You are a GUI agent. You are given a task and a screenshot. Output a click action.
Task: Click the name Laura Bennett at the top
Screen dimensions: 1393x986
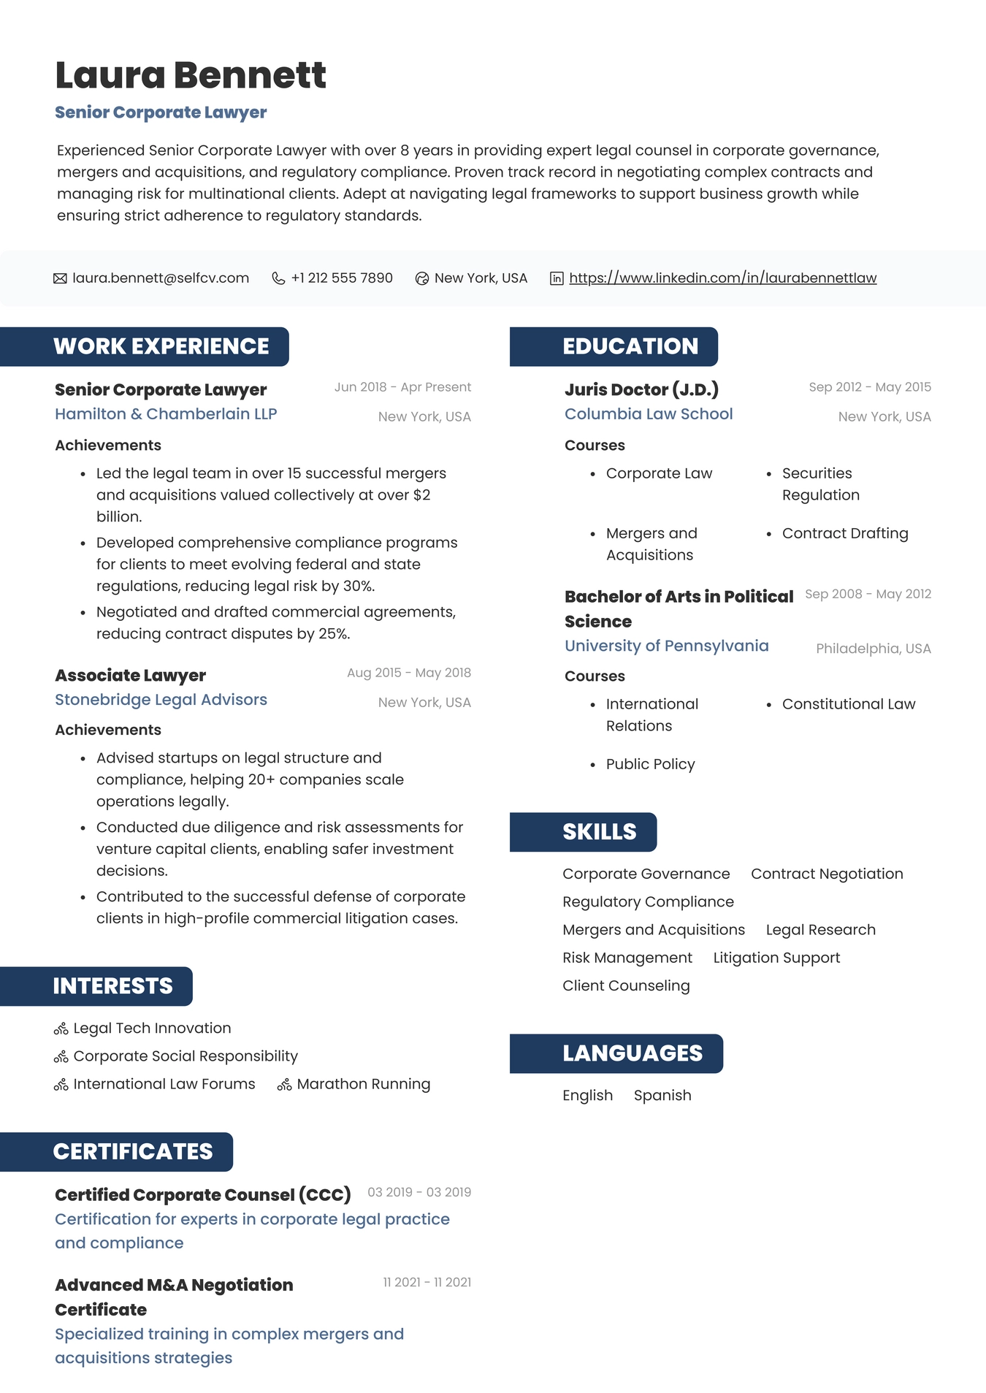click(190, 75)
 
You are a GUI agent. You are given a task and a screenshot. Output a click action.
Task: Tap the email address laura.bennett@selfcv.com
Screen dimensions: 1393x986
click(161, 278)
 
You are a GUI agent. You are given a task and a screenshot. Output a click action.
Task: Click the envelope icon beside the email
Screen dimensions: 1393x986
click(60, 278)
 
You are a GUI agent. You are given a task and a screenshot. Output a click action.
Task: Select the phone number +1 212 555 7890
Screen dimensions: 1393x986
click(342, 278)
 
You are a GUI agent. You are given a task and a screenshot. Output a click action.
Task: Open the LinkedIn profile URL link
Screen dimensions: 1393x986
click(722, 278)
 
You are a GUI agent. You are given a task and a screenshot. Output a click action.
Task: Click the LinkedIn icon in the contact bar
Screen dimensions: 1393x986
click(557, 278)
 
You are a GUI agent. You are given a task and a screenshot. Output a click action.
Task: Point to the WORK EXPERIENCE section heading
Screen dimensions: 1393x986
click(161, 346)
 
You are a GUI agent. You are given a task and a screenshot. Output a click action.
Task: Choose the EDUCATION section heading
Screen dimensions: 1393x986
click(630, 346)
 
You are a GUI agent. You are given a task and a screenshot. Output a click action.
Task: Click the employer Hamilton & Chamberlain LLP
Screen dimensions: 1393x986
click(166, 414)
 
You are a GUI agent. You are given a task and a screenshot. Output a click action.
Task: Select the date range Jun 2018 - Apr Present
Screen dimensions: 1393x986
click(402, 387)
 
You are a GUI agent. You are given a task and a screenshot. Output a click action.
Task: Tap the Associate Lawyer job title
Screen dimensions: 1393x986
click(130, 676)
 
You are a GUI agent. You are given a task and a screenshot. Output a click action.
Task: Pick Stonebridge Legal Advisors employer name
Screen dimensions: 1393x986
click(161, 700)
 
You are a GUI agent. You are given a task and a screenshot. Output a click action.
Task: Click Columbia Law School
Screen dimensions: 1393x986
click(649, 414)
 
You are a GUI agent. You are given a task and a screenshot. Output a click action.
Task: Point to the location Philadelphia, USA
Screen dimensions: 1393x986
click(873, 649)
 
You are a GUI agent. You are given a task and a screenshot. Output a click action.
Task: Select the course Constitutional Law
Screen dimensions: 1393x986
click(848, 704)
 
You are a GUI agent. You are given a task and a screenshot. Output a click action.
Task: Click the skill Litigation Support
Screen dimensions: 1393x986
click(776, 958)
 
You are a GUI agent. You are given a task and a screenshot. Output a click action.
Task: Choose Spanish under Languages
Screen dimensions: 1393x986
click(662, 1096)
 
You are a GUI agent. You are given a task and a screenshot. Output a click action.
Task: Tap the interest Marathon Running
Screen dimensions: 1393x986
click(363, 1084)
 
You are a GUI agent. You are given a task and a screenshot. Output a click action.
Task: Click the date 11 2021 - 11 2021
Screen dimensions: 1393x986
click(427, 1283)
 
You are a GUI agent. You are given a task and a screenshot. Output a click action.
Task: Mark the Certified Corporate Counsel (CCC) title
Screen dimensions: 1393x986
click(202, 1195)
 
